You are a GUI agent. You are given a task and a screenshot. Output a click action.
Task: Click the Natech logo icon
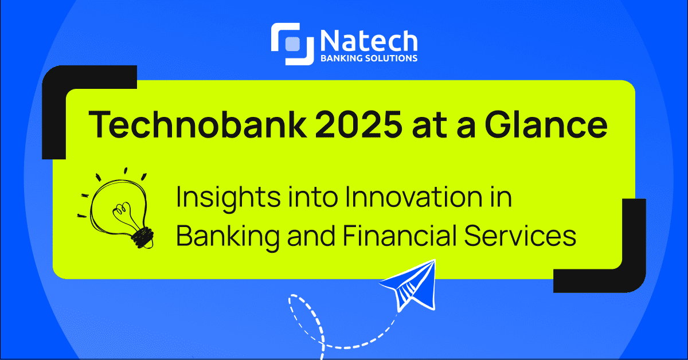(x=292, y=43)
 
